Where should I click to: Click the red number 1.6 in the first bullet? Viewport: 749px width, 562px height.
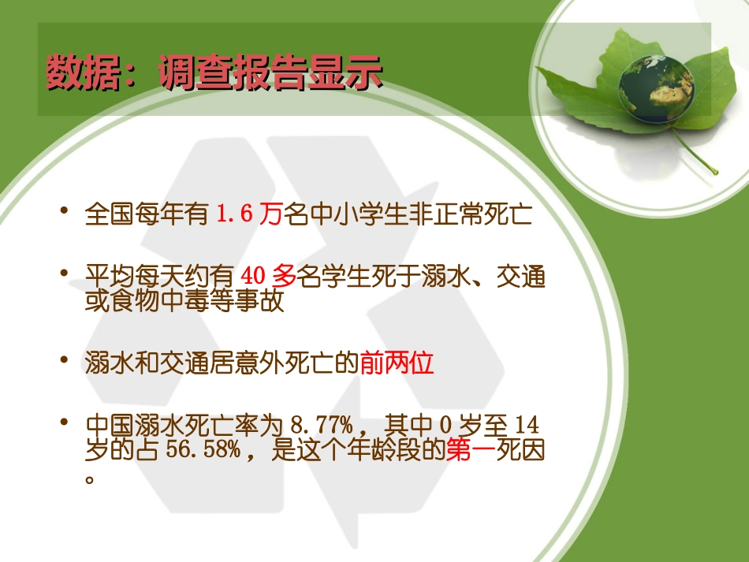coord(237,214)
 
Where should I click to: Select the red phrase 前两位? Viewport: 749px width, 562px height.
coord(397,363)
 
